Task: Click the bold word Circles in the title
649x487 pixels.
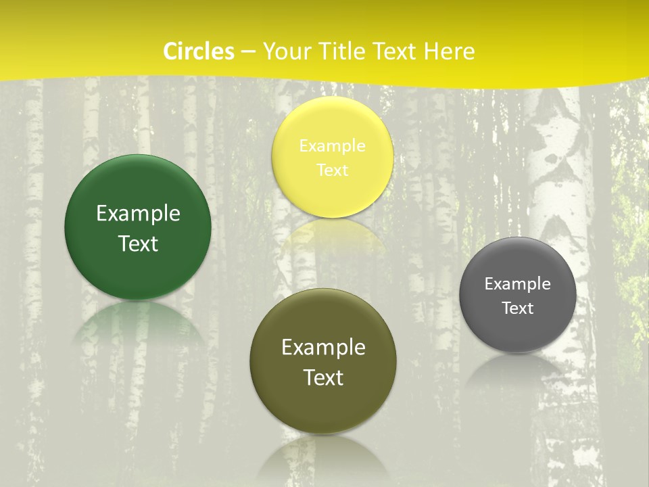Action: coord(199,51)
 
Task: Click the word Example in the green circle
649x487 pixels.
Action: coord(138,214)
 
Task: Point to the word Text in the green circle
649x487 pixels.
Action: coord(138,243)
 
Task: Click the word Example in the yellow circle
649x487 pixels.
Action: coord(332,145)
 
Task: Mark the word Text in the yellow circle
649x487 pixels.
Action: coord(332,170)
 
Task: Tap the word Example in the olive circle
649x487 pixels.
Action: coord(323,348)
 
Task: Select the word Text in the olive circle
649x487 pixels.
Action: coord(323,377)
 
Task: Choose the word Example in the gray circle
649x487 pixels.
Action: coord(518,283)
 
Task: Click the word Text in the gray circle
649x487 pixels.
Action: coord(518,308)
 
